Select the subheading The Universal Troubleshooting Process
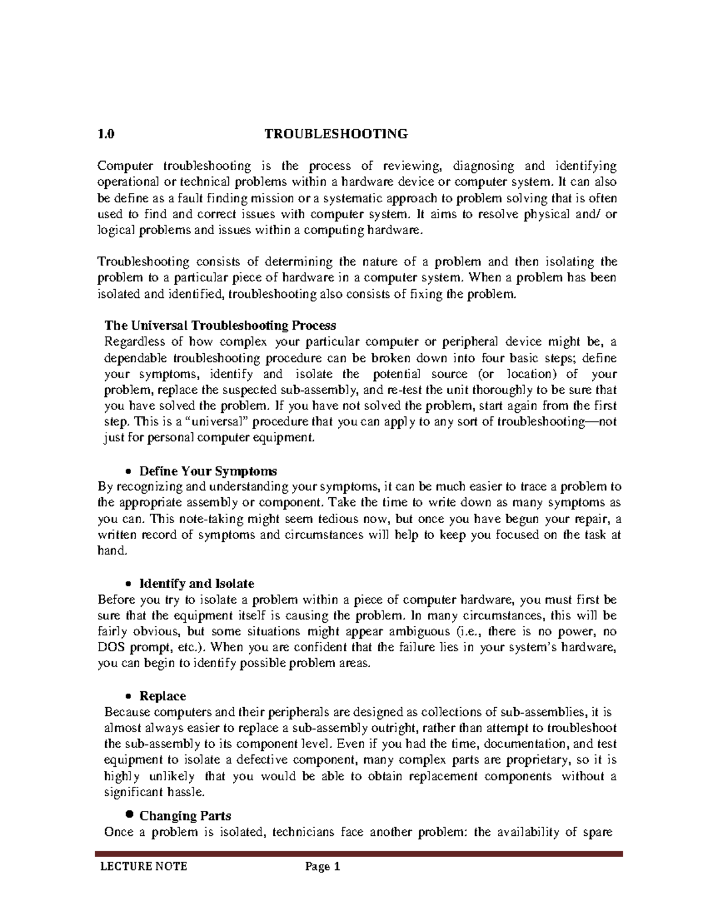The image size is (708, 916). [x=219, y=325]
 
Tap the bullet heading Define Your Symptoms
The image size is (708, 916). [x=208, y=471]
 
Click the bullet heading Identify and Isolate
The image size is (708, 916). [x=196, y=584]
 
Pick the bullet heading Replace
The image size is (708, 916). [x=162, y=696]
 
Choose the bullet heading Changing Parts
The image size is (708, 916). [x=185, y=816]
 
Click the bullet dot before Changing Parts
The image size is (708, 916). [x=130, y=815]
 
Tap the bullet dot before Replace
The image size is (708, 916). [x=129, y=697]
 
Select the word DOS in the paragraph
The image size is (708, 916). [x=110, y=648]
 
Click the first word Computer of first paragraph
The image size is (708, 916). [x=125, y=166]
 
